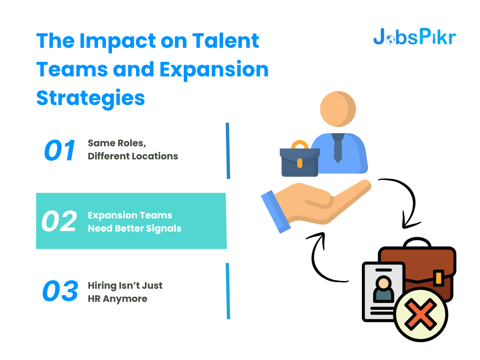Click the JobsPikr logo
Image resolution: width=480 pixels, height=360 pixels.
pyautogui.click(x=415, y=37)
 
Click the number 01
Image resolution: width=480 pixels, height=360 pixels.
pyautogui.click(x=60, y=150)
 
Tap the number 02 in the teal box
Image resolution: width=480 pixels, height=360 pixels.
pyautogui.click(x=59, y=221)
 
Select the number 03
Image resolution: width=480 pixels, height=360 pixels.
pyautogui.click(x=60, y=291)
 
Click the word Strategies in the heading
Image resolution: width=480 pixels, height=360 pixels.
pyautogui.click(x=90, y=98)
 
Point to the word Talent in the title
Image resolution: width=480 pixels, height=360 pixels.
pyautogui.click(x=225, y=41)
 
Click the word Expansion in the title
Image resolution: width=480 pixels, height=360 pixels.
pyautogui.click(x=214, y=70)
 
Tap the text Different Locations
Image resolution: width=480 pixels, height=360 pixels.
pyautogui.click(x=133, y=156)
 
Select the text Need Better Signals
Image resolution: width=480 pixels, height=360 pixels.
pyautogui.click(x=135, y=228)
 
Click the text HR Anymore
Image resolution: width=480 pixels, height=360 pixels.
pyautogui.click(x=118, y=299)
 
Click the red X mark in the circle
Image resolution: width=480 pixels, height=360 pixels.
pyautogui.click(x=420, y=314)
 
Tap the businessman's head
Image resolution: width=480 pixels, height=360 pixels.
pyautogui.click(x=338, y=109)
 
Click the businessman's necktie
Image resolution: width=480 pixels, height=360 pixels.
pyautogui.click(x=338, y=148)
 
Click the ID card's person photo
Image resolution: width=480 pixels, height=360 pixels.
pyautogui.click(x=383, y=289)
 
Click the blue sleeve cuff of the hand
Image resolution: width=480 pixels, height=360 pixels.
pyautogui.click(x=276, y=212)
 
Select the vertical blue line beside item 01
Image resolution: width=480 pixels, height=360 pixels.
pyautogui.click(x=228, y=150)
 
